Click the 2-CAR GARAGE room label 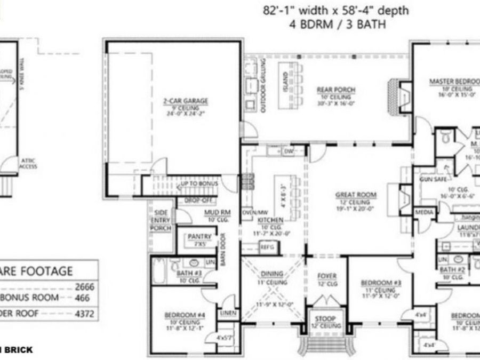[x=185, y=100]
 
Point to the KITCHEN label [x=266, y=219]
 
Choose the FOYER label [x=327, y=276]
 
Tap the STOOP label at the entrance [x=325, y=319]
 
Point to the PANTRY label [x=199, y=236]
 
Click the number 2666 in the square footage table [x=84, y=287]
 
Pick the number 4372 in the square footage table [x=84, y=314]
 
